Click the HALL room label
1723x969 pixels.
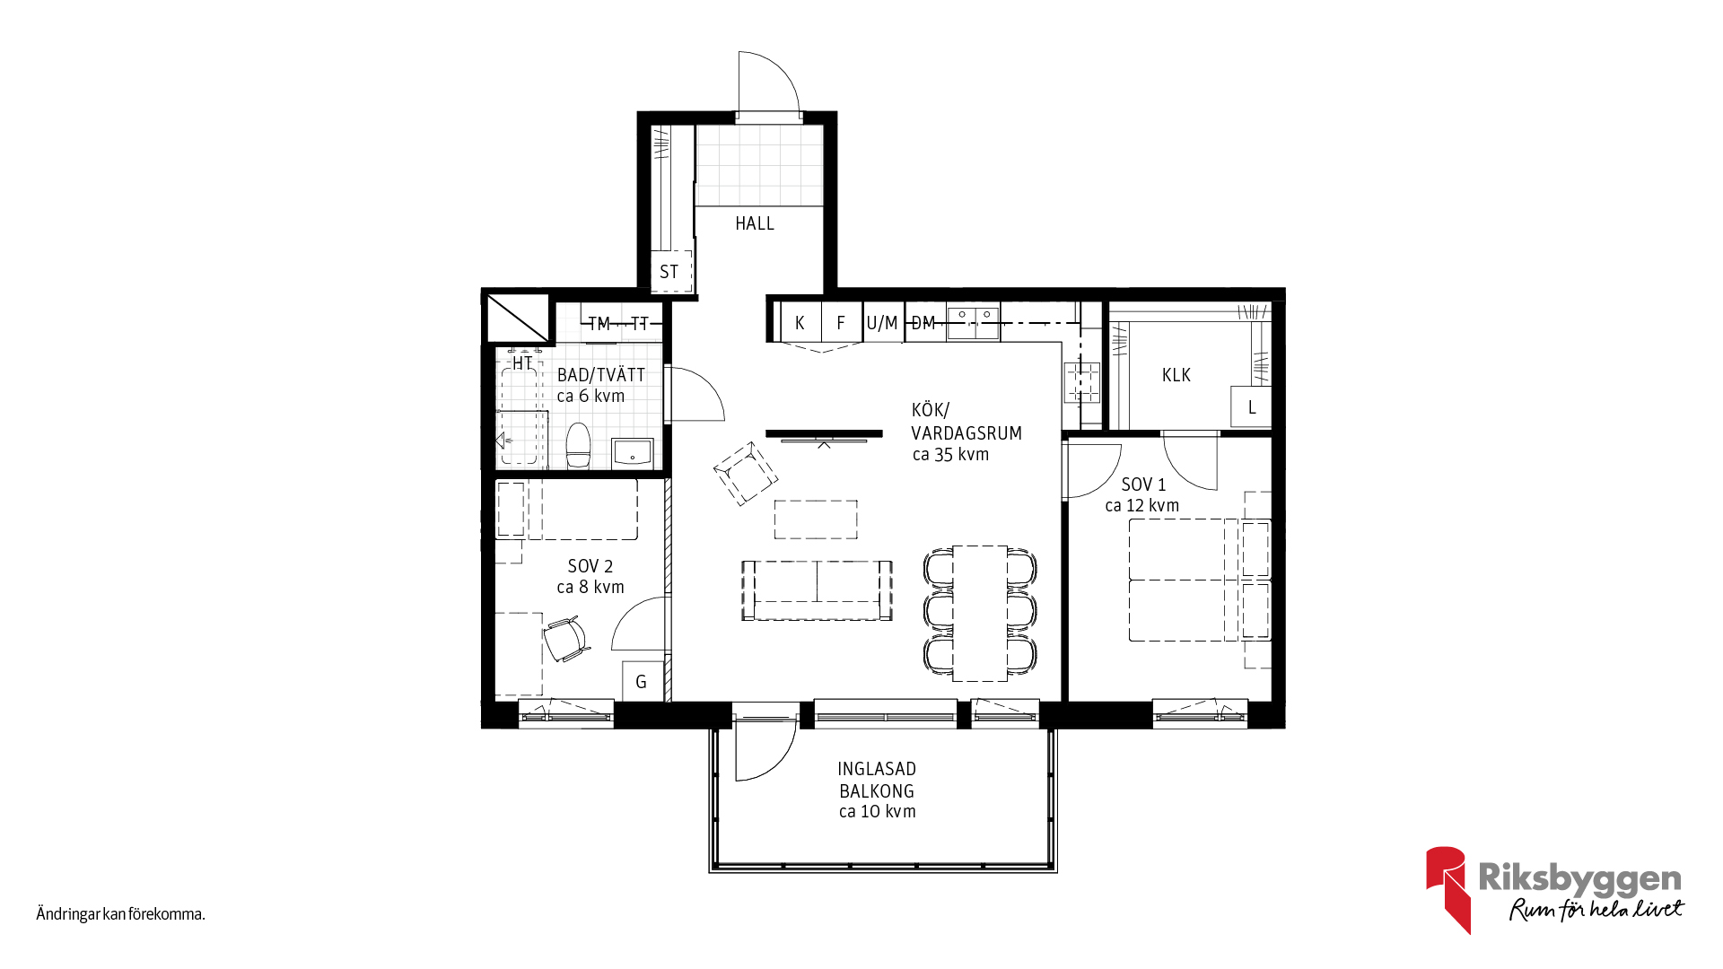click(755, 223)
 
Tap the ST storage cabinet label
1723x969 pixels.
click(669, 272)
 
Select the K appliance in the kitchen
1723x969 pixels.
click(800, 323)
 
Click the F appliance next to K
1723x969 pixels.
click(841, 323)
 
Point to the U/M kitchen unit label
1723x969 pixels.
click(882, 323)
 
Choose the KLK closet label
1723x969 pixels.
click(1176, 375)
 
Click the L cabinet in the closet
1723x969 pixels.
click(1251, 407)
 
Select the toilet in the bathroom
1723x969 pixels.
click(579, 446)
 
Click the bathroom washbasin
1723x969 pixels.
click(633, 453)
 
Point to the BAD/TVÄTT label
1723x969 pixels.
click(601, 375)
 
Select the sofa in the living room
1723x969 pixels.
click(817, 590)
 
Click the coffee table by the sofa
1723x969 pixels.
click(816, 519)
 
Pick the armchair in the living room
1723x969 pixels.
click(746, 473)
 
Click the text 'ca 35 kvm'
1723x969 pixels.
click(950, 455)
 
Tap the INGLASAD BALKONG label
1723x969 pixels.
click(877, 780)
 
